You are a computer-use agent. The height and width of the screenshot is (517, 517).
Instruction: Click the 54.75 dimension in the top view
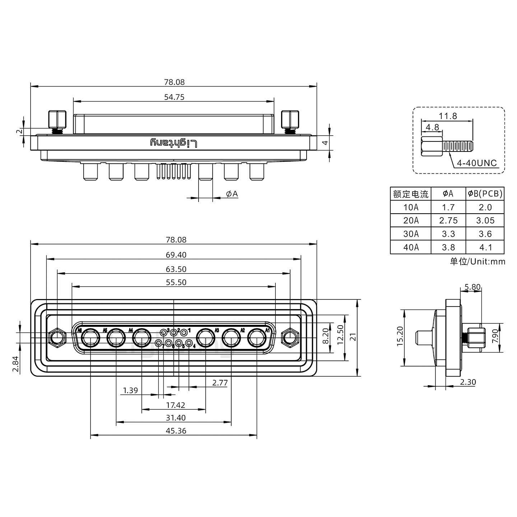pyautogui.click(x=174, y=97)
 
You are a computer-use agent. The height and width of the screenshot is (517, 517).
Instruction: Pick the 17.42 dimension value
pyautogui.click(x=176, y=405)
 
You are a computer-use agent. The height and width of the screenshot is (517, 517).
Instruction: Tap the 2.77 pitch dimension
pyautogui.click(x=220, y=383)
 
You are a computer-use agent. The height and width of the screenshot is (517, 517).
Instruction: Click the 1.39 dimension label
pyautogui.click(x=130, y=390)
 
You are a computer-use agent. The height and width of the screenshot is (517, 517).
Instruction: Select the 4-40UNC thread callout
pyautogui.click(x=476, y=163)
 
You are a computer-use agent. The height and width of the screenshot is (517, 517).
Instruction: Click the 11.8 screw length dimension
pyautogui.click(x=448, y=116)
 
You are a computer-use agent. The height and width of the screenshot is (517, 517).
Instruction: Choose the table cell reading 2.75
pyautogui.click(x=448, y=220)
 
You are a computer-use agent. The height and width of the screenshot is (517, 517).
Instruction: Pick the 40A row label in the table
pyautogui.click(x=411, y=247)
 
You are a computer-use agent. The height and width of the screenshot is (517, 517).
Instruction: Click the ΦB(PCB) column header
pyautogui.click(x=485, y=194)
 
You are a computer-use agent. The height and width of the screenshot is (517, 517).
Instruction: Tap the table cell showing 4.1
pyautogui.click(x=485, y=247)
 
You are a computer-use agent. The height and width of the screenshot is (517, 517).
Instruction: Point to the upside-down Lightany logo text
pyautogui.click(x=174, y=143)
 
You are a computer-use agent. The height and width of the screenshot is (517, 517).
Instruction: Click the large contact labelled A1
pyautogui.click(x=257, y=338)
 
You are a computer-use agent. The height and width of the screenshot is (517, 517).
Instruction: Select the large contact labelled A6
pyautogui.click(x=90, y=338)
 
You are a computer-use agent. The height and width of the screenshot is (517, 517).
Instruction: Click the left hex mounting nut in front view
pyautogui.click(x=57, y=337)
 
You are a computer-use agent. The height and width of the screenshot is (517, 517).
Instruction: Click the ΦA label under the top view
pyautogui.click(x=232, y=194)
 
